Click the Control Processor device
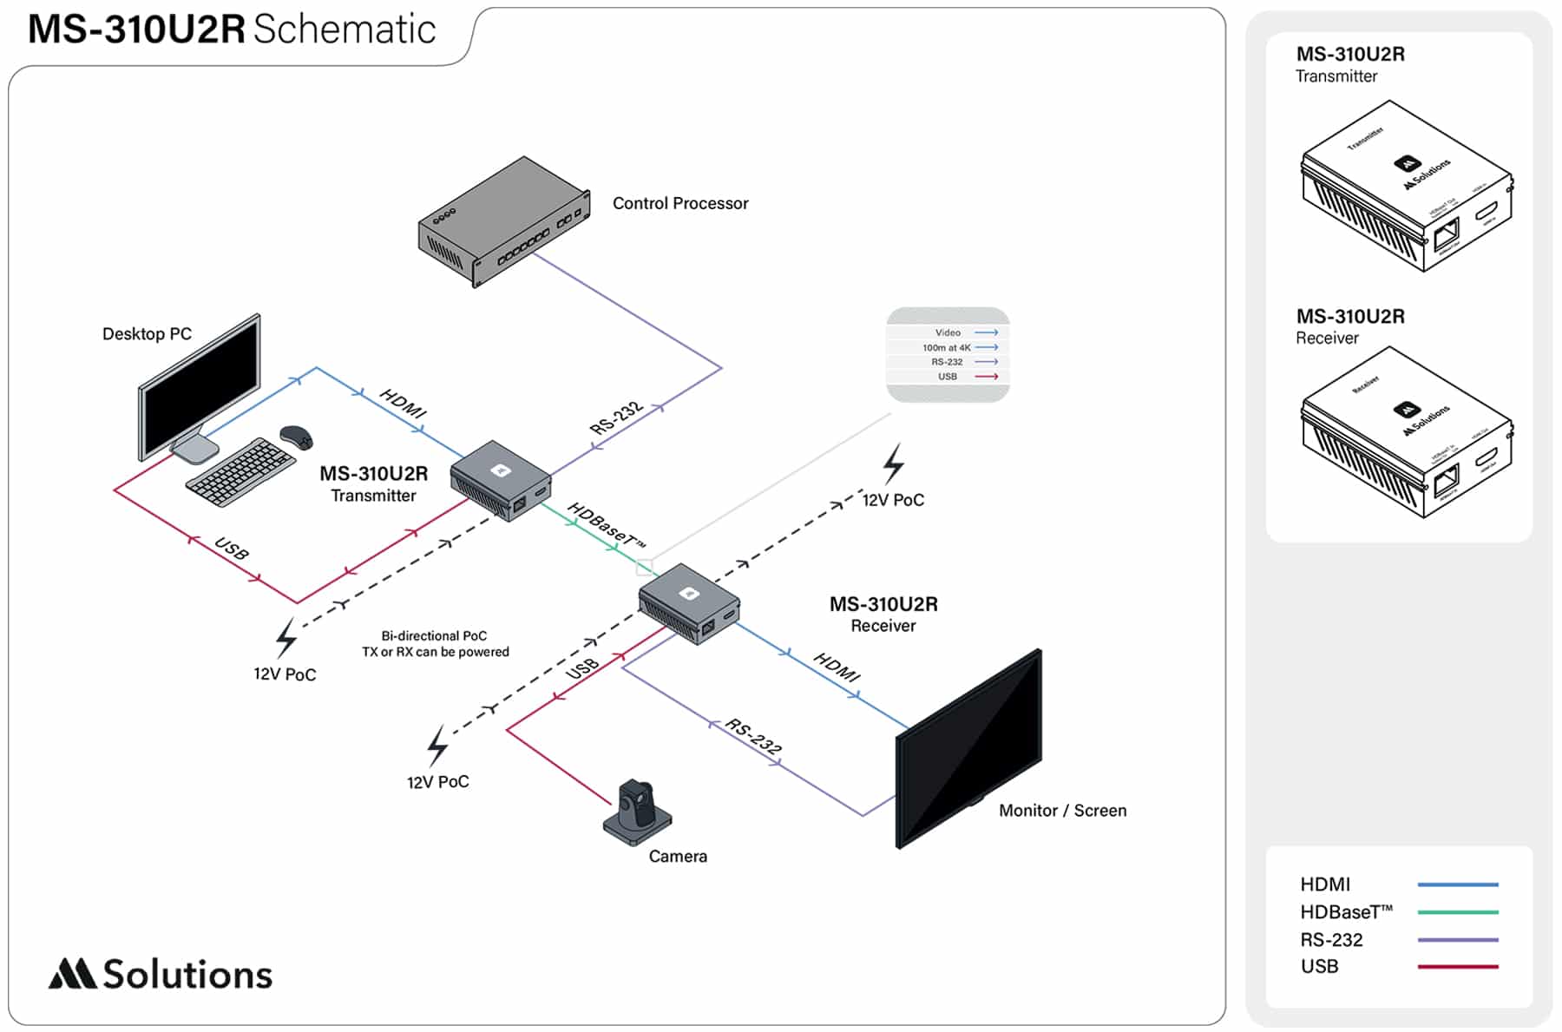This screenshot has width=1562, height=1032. coord(503,221)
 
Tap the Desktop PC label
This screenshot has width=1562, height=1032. coord(147,334)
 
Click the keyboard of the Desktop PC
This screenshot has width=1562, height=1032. coord(240,471)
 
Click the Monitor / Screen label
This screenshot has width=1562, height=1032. coord(1062,811)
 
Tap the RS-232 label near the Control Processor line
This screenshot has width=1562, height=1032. coord(616,417)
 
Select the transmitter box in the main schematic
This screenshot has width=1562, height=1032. coord(501,480)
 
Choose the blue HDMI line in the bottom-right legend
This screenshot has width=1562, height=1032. coord(1458,884)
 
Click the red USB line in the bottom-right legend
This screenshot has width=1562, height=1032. coord(1458,966)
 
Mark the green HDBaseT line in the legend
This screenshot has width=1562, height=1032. coord(1458,912)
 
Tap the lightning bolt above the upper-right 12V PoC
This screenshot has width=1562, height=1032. coord(894,463)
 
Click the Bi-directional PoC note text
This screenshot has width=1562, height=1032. coord(436,644)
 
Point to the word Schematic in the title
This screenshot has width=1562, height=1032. coord(345,30)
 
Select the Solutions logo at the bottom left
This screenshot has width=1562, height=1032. coord(161,974)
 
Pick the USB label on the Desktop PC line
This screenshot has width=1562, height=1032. coord(232,549)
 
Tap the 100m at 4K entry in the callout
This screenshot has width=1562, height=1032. coord(947,347)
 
